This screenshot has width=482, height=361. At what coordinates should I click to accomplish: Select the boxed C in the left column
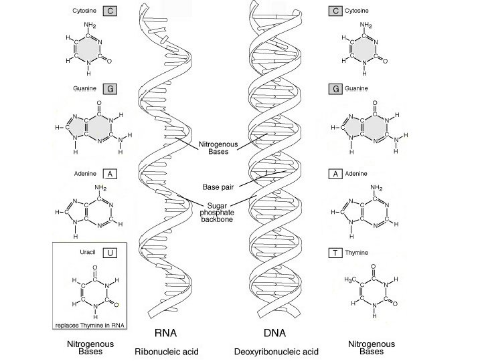[x=111, y=11]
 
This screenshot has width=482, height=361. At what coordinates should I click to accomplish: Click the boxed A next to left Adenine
[x=111, y=174]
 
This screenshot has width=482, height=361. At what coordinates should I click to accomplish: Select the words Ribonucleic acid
[x=167, y=351]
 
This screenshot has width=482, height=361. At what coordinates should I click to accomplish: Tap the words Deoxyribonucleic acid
[x=276, y=351]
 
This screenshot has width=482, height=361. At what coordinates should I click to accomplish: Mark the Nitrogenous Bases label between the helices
[x=214, y=147]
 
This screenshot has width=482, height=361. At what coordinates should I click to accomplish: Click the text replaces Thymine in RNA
[x=91, y=325]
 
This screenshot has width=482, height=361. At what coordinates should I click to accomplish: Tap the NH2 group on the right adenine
[x=377, y=187]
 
